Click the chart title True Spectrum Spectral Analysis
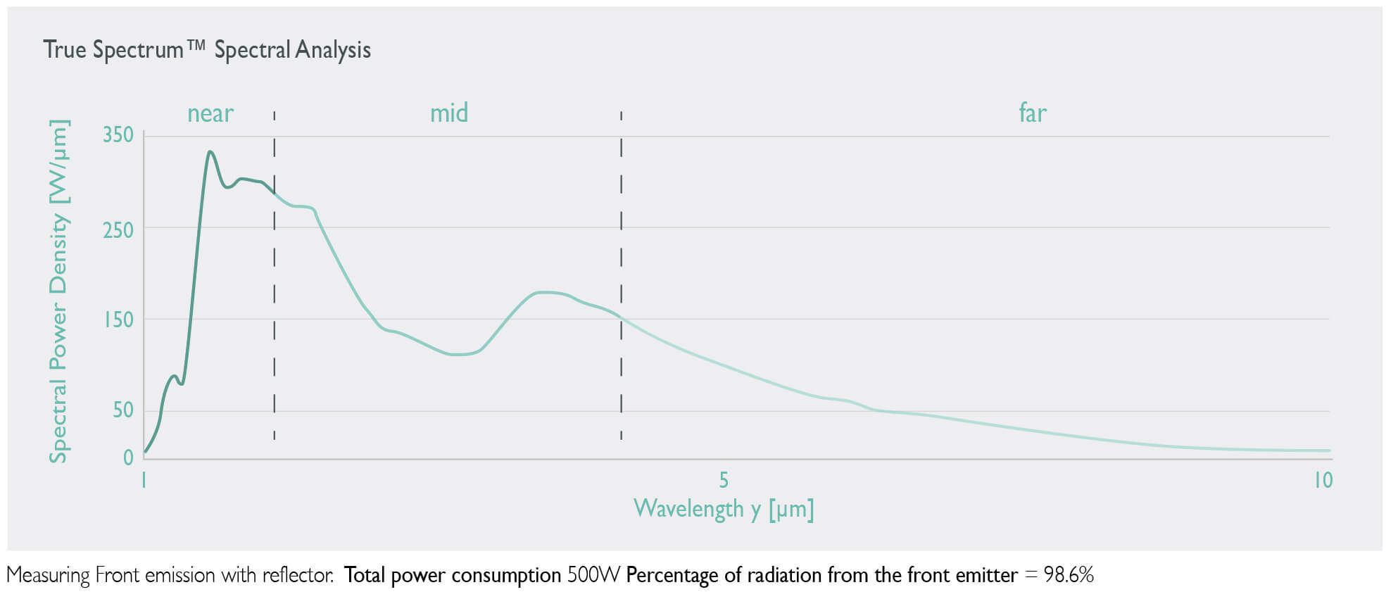(x=206, y=50)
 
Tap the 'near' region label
(x=210, y=113)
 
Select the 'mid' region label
(x=449, y=113)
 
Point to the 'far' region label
(x=1033, y=113)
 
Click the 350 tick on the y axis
(x=118, y=134)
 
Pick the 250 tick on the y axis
(x=118, y=229)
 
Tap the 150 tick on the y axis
(x=118, y=320)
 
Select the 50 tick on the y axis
(x=122, y=410)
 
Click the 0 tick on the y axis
(x=128, y=458)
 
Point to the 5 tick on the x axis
(x=723, y=480)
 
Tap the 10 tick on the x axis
(x=1323, y=480)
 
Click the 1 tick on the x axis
(x=144, y=480)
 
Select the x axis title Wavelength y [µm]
(x=724, y=508)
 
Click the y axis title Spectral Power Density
(x=58, y=291)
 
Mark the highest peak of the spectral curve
(x=210, y=151)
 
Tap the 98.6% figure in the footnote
(x=1068, y=575)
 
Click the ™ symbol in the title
(x=196, y=45)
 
